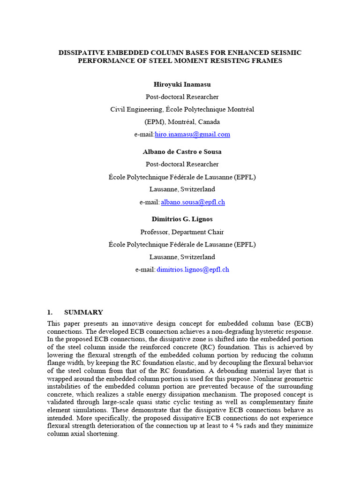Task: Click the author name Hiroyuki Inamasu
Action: tap(182, 84)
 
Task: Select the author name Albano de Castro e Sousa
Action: tap(182, 152)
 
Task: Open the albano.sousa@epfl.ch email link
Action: tap(193, 202)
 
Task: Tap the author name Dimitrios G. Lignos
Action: tap(182, 219)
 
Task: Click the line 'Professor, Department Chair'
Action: tap(182, 232)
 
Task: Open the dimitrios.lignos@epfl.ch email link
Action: tap(193, 269)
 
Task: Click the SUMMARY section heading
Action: tap(83, 312)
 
